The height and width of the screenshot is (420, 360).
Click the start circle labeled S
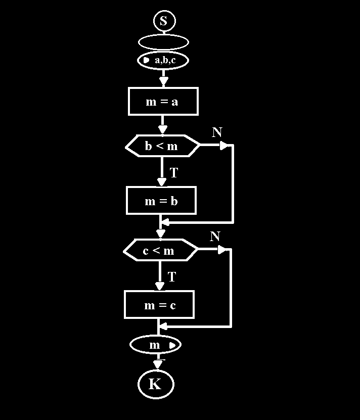coord(163,21)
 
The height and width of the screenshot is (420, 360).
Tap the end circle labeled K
coord(156,384)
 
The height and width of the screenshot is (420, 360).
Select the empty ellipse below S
coord(163,42)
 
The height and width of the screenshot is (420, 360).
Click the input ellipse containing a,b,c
coord(163,61)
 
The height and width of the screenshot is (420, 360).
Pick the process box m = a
coord(163,102)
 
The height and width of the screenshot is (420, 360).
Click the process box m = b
coord(161,201)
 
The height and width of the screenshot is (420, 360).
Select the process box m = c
coord(159,305)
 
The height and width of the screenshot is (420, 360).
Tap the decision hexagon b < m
coord(162,147)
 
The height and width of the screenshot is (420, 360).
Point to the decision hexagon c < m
coord(160,250)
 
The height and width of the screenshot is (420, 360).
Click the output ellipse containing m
coord(156,345)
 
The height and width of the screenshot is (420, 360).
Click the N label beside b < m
coord(217,132)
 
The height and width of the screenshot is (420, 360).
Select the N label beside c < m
coord(215,236)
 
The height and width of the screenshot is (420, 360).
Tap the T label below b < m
coord(174,173)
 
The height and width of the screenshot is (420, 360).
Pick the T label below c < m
coord(172,277)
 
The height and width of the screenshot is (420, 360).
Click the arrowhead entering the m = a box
coord(163,81)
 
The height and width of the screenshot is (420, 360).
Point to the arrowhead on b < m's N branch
coord(223,146)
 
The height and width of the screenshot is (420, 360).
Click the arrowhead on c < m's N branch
coord(221,250)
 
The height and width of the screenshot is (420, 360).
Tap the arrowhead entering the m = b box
coord(162,182)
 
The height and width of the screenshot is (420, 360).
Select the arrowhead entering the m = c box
coord(160,286)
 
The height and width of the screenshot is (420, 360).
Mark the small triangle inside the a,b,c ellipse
coord(146,60)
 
